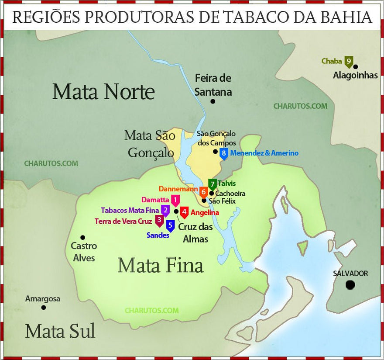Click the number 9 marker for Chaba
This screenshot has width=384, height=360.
pyautogui.click(x=349, y=62)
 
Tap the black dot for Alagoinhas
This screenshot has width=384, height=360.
pyautogui.click(x=356, y=66)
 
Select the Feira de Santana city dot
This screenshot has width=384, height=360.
pyautogui.click(x=213, y=101)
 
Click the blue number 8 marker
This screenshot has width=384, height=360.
pyautogui.click(x=224, y=153)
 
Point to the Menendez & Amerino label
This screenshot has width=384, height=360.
pyautogui.click(x=264, y=153)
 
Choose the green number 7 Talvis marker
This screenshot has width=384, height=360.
pyautogui.click(x=213, y=184)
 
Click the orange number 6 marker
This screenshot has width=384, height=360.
pyautogui.click(x=203, y=191)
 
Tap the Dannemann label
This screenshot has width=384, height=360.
pyautogui.click(x=178, y=189)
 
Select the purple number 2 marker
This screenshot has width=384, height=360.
pyautogui.click(x=165, y=210)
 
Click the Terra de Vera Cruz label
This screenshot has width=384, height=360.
pyautogui.click(x=123, y=221)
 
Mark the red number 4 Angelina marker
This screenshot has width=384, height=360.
pyautogui.click(x=185, y=212)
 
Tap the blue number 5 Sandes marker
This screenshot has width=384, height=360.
pyautogui.click(x=171, y=225)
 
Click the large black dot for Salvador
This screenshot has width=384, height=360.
pyautogui.click(x=350, y=285)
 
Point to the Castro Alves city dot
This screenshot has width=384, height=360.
pyautogui.click(x=83, y=238)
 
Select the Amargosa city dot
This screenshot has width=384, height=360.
pyautogui.click(x=43, y=307)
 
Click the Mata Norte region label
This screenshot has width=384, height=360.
pyautogui.click(x=103, y=92)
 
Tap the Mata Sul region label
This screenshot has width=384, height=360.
pyautogui.click(x=60, y=331)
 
